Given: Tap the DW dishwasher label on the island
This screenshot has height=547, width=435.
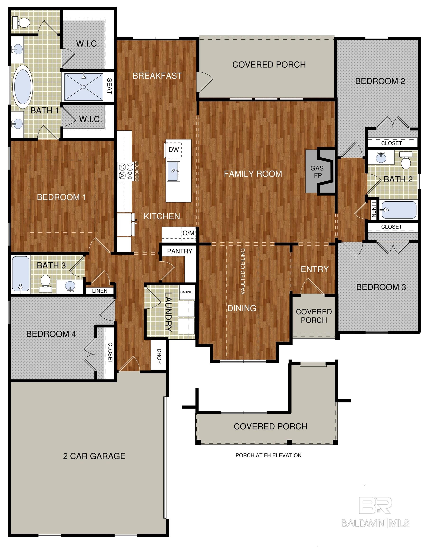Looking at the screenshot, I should tap(174, 150).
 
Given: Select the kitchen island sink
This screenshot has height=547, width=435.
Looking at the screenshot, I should tap(173, 171).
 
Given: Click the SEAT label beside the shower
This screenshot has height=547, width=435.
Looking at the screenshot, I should tap(109, 86).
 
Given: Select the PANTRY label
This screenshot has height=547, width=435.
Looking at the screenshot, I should tap(180, 251).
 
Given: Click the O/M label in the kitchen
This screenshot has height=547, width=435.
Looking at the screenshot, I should tap(189, 233).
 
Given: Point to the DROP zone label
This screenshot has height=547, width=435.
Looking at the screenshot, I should tap(159, 356).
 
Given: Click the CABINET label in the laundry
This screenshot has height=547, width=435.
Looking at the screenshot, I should tap(187, 292).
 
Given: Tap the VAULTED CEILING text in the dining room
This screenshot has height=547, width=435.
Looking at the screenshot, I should tap(243, 271).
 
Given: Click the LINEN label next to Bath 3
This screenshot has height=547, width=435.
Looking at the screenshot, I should tap(100, 291).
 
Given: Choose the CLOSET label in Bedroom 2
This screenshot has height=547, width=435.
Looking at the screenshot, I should tap(391, 143).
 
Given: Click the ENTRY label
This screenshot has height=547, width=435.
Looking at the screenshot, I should tap(315, 269).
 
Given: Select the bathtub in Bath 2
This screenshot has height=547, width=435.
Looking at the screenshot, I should tap(399, 210).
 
